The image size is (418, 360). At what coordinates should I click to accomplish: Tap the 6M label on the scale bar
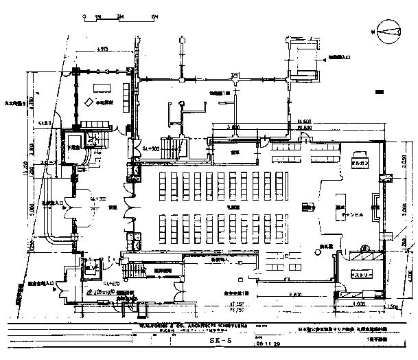pyautogui.click(x=156, y=15)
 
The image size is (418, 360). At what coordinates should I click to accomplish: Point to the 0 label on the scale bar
pyautogui.click(x=84, y=15)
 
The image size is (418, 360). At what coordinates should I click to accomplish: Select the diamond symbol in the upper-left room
pyautogui.click(x=88, y=103)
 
